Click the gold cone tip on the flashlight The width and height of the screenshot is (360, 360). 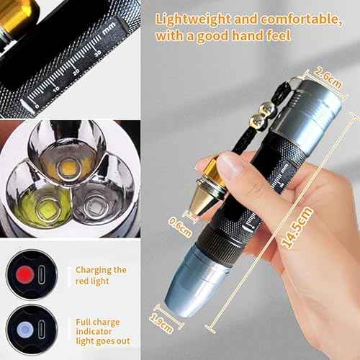coord(209,185)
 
